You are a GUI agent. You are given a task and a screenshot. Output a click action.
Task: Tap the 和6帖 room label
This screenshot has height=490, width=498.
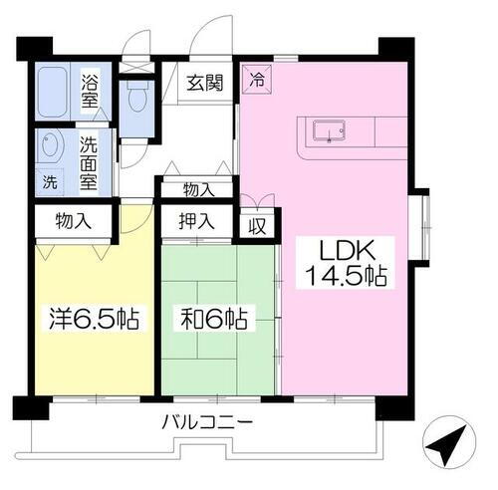click(216, 321)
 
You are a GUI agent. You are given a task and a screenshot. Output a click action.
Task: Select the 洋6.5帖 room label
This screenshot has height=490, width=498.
click(95, 321)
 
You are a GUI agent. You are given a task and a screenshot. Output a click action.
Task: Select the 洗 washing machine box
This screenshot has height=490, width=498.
click(50, 181)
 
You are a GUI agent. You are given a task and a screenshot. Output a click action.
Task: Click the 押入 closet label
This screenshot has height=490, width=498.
click(196, 221)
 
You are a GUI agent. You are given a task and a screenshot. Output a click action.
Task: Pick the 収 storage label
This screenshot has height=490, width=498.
click(257, 223)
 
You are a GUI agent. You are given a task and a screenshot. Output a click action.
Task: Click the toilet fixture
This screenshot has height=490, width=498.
click(136, 101)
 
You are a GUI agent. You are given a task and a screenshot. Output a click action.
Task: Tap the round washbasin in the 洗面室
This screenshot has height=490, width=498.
click(50, 148)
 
